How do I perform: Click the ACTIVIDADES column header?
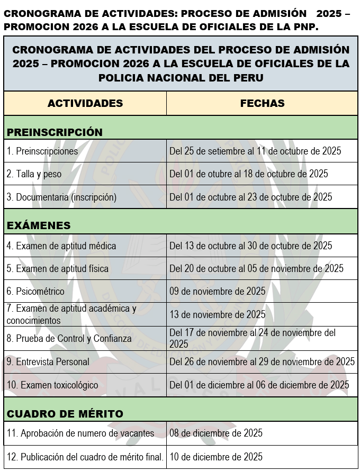(85, 103)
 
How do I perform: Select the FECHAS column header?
(262, 103)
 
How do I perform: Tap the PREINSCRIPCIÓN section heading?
(55, 132)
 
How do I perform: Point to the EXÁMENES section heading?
(39, 225)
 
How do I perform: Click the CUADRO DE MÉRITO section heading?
(65, 413)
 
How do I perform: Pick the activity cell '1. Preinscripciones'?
(42, 151)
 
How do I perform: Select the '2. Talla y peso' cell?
(34, 174)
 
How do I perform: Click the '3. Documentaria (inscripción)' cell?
(61, 197)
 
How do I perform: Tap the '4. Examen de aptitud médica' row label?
(61, 246)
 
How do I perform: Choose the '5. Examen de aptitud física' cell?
(58, 268)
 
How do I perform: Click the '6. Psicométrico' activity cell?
(35, 291)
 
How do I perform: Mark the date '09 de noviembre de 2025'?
(217, 291)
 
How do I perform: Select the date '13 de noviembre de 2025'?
(217, 314)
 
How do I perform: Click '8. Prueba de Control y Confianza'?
(69, 338)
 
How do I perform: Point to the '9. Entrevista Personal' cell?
(48, 362)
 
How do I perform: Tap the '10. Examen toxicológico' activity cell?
(52, 385)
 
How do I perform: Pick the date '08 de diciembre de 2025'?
(215, 433)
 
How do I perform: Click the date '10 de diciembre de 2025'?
(215, 457)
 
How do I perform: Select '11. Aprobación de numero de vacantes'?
(80, 433)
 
